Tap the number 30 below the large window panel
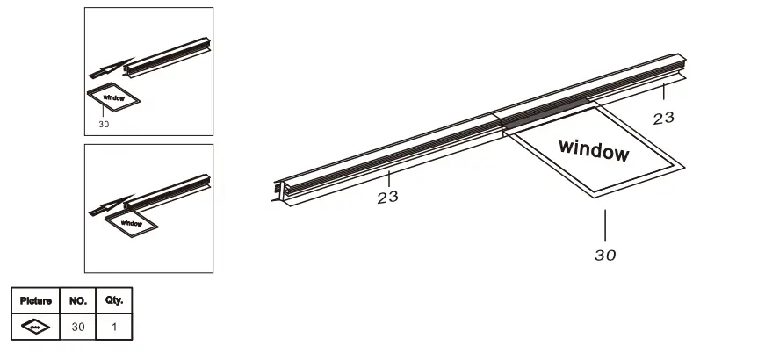(x=604, y=256)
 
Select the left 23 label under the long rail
(x=387, y=197)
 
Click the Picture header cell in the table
(x=36, y=300)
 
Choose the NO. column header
(x=78, y=300)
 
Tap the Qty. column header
(x=114, y=300)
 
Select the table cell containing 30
(x=78, y=328)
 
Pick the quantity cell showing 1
(x=114, y=328)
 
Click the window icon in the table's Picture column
(x=36, y=328)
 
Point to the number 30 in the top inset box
(x=105, y=124)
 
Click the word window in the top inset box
(x=113, y=98)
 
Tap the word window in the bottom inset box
(x=131, y=224)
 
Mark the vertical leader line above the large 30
(x=604, y=225)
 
